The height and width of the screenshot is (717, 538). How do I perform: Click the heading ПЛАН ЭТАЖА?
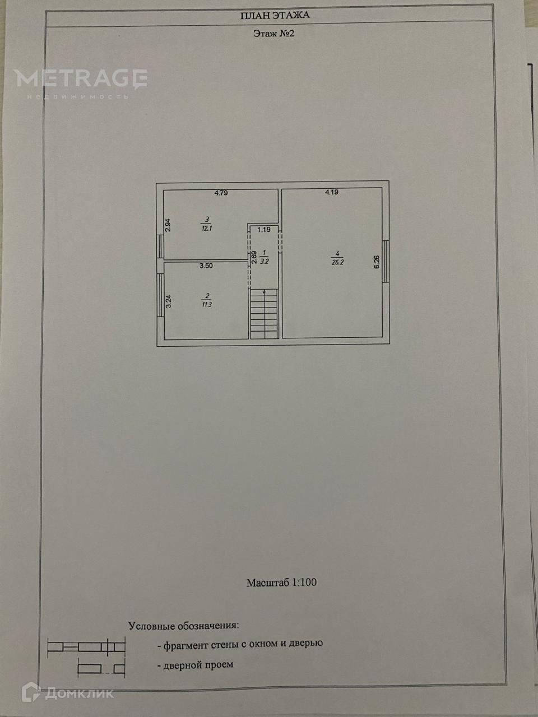click(x=275, y=15)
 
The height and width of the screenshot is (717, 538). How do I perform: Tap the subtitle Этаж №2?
click(x=273, y=34)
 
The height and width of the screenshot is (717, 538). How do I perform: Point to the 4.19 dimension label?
click(x=332, y=193)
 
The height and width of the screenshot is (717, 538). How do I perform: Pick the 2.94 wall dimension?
click(x=168, y=225)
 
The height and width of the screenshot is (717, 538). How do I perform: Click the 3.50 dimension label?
click(x=206, y=266)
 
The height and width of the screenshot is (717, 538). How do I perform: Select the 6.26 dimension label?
click(x=377, y=262)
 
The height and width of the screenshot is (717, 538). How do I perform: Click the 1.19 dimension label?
click(x=264, y=229)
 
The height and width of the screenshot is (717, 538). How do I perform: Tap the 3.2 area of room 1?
click(x=265, y=260)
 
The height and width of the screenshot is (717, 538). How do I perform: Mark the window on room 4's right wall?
click(x=386, y=262)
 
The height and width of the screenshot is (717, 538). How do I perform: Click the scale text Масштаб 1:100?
click(x=281, y=583)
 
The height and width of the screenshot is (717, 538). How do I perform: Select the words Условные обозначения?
click(x=184, y=626)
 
